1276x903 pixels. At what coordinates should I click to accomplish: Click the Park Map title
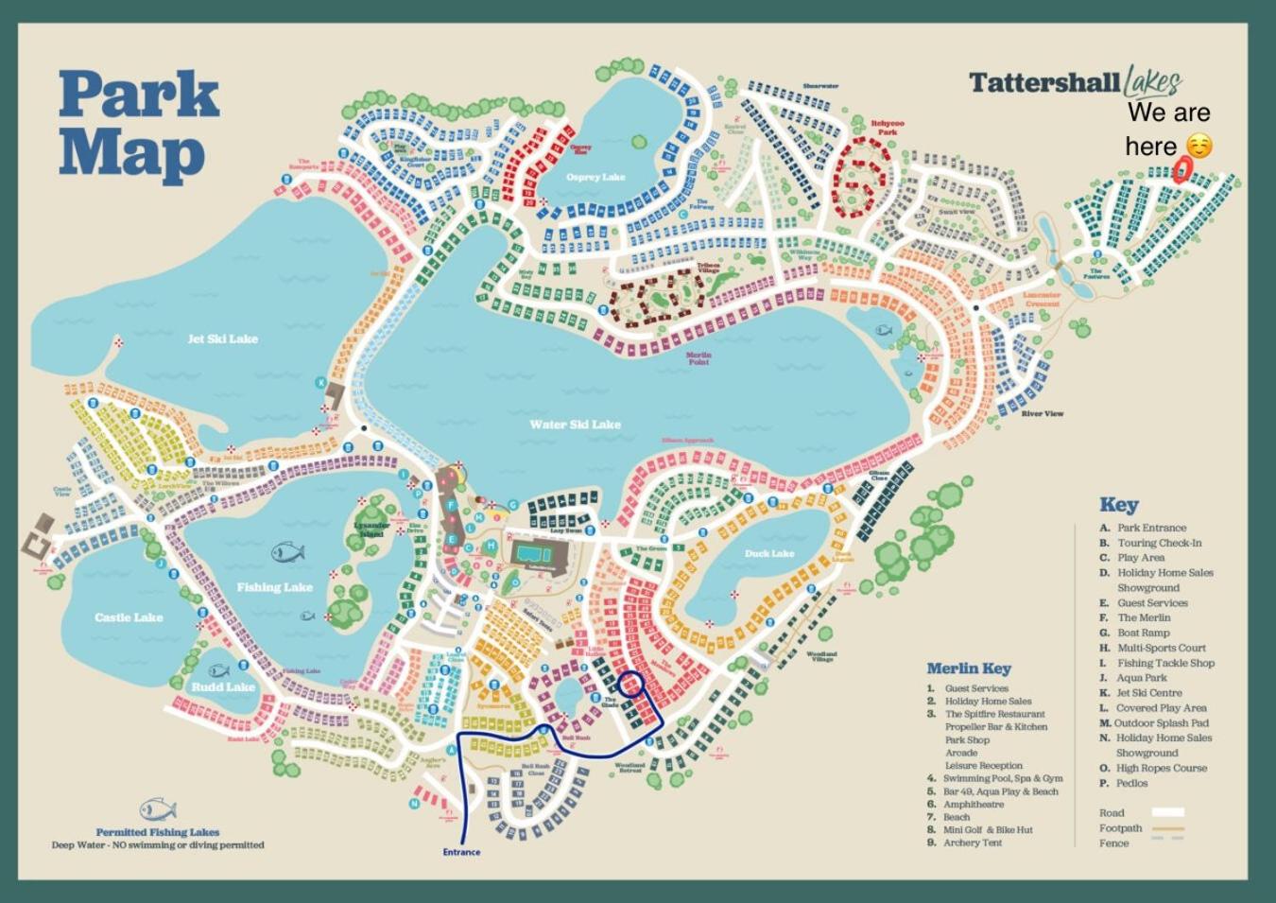(139, 123)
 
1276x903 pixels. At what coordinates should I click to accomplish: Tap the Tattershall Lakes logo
(1075, 83)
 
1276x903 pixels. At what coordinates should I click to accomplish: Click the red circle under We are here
(1181, 170)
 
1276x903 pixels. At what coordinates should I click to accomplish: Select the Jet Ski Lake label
(222, 339)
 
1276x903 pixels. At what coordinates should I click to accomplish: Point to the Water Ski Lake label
(575, 425)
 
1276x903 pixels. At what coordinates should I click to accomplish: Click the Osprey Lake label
(595, 177)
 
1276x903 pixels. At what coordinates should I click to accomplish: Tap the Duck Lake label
(769, 553)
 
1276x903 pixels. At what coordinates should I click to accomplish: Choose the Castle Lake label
(129, 617)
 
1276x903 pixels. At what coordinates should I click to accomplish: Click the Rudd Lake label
(223, 686)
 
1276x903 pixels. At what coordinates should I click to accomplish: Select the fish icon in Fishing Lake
(287, 551)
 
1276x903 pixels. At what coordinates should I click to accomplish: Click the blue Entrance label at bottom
(461, 852)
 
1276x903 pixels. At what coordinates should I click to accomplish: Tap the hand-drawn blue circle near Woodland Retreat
(630, 685)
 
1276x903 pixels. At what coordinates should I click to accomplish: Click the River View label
(1042, 413)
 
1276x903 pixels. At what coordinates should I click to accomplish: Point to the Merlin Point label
(698, 358)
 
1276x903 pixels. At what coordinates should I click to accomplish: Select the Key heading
(1118, 505)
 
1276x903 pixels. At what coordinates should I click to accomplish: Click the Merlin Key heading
(968, 669)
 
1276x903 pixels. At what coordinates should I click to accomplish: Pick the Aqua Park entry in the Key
(1141, 678)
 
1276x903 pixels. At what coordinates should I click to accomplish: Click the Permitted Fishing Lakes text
(157, 832)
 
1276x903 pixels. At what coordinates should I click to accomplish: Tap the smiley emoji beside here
(1198, 147)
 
